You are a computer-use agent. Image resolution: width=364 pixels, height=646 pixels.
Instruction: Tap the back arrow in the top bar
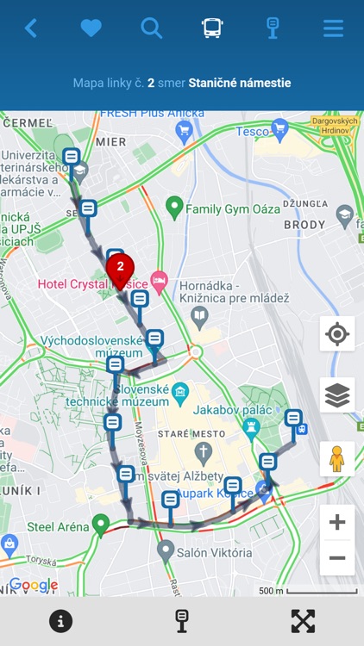tap(30, 28)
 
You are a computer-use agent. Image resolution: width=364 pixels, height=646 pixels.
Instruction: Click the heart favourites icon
tap(91, 28)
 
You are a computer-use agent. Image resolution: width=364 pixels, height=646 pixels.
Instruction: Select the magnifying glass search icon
tap(152, 28)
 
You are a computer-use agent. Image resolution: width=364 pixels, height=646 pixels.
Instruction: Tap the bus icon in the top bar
tap(212, 28)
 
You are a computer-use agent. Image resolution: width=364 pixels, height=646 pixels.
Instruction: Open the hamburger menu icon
tap(333, 28)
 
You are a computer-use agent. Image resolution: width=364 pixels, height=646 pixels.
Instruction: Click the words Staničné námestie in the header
tap(239, 84)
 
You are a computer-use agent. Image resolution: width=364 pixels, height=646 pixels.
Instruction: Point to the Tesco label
tap(252, 131)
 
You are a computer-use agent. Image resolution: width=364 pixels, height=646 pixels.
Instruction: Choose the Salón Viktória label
tap(217, 553)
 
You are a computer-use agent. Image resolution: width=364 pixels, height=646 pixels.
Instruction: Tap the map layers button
tap(336, 395)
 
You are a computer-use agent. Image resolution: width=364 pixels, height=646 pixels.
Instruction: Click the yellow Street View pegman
tap(336, 458)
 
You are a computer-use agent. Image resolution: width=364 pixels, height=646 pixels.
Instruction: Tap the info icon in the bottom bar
tap(60, 621)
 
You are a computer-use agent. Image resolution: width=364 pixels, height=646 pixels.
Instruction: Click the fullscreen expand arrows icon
tap(303, 621)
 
